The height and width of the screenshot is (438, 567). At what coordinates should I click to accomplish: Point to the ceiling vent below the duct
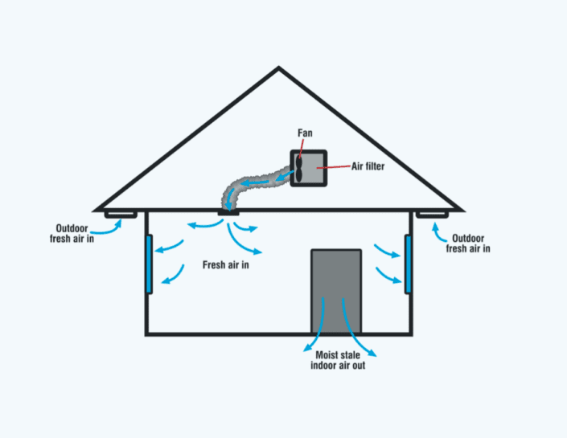(x=229, y=213)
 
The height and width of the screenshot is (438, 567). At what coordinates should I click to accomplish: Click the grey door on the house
(x=336, y=292)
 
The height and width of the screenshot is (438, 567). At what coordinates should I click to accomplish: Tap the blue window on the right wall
(x=408, y=264)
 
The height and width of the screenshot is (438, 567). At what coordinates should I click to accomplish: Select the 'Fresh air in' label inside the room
(x=225, y=264)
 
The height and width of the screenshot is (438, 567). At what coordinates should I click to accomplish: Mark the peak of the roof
(x=279, y=69)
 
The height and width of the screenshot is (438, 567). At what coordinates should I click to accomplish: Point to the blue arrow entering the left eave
(x=114, y=227)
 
